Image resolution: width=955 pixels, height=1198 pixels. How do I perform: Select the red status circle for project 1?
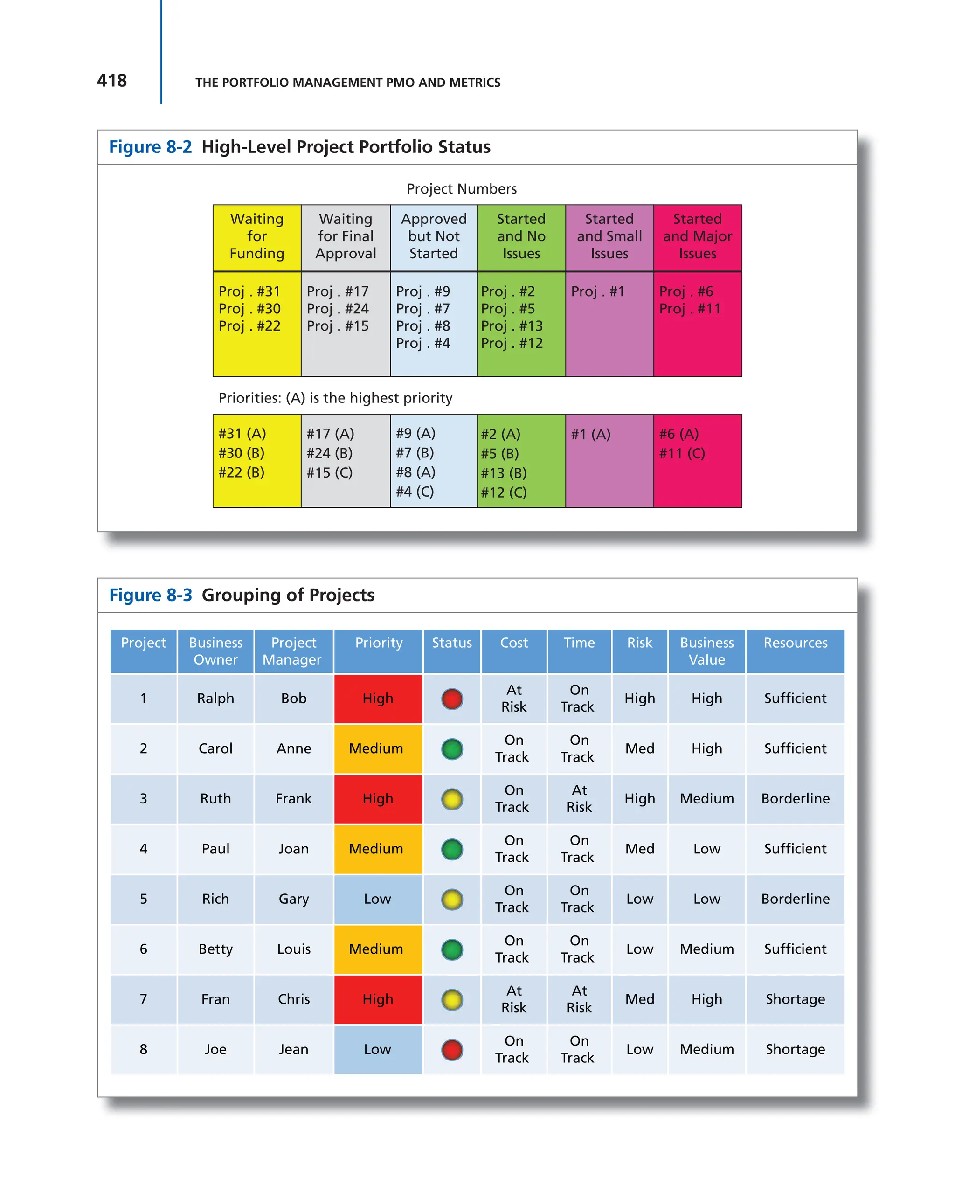(452, 699)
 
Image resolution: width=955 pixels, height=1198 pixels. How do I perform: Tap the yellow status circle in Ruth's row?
(452, 799)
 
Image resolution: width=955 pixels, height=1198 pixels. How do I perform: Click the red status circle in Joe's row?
(452, 1050)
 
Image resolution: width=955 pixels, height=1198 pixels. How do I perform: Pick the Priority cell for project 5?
(378, 899)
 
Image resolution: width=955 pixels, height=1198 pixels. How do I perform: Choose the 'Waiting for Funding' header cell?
(256, 237)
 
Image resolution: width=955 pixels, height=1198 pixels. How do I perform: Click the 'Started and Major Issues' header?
(697, 237)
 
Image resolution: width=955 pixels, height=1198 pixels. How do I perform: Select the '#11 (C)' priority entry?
(682, 453)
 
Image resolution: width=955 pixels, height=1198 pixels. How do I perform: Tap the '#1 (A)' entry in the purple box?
(590, 434)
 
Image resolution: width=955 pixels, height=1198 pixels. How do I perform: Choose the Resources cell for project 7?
(795, 999)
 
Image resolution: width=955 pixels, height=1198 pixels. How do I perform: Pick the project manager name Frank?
(293, 798)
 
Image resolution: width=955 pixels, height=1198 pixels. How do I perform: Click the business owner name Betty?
(215, 949)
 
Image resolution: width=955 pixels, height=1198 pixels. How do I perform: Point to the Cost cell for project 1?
(514, 699)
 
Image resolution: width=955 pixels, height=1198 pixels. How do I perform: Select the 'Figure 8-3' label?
(150, 595)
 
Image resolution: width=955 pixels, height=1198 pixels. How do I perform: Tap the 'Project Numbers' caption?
(461, 189)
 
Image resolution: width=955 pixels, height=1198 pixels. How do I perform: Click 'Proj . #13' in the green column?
(512, 326)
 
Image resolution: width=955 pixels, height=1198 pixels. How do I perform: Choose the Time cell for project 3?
(579, 798)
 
